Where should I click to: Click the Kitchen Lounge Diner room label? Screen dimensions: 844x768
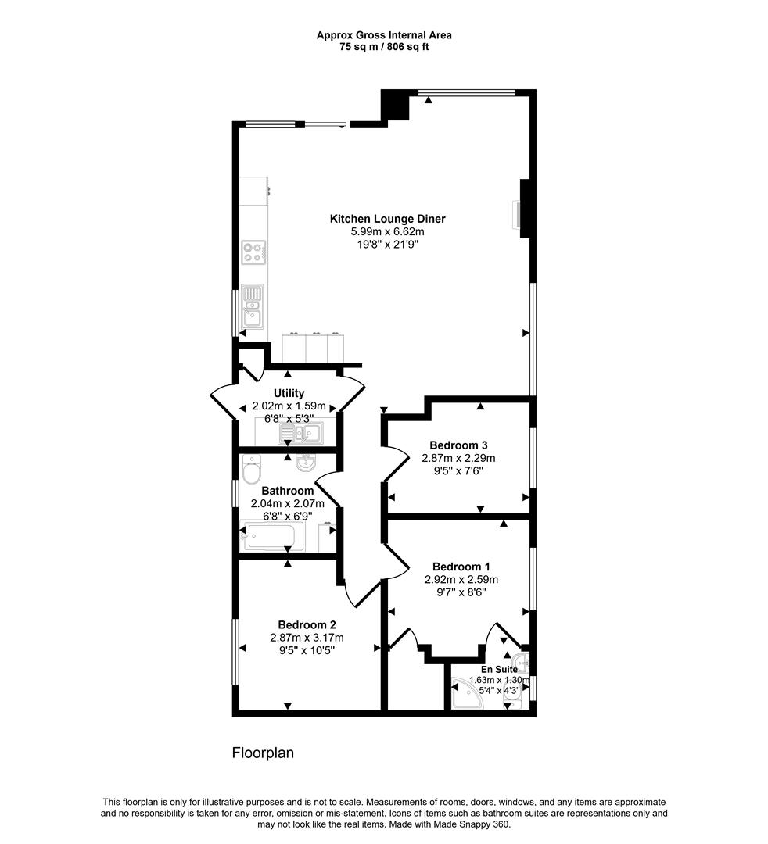coord(387,219)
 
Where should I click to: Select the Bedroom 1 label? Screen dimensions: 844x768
coord(461,567)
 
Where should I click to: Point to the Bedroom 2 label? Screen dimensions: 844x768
coord(307,624)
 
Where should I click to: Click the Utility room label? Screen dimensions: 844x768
coord(289,393)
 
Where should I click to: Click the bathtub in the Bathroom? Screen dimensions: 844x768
coord(273,538)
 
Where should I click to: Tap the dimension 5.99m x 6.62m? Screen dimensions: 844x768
coord(387,232)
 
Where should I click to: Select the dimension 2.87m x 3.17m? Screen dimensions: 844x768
coord(307,637)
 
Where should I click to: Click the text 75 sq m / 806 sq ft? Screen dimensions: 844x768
coord(383,47)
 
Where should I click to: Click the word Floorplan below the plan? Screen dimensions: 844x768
coord(262,753)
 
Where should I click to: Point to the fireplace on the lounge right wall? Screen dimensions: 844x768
coord(521,215)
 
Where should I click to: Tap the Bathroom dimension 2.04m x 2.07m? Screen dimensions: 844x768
coord(287,503)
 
